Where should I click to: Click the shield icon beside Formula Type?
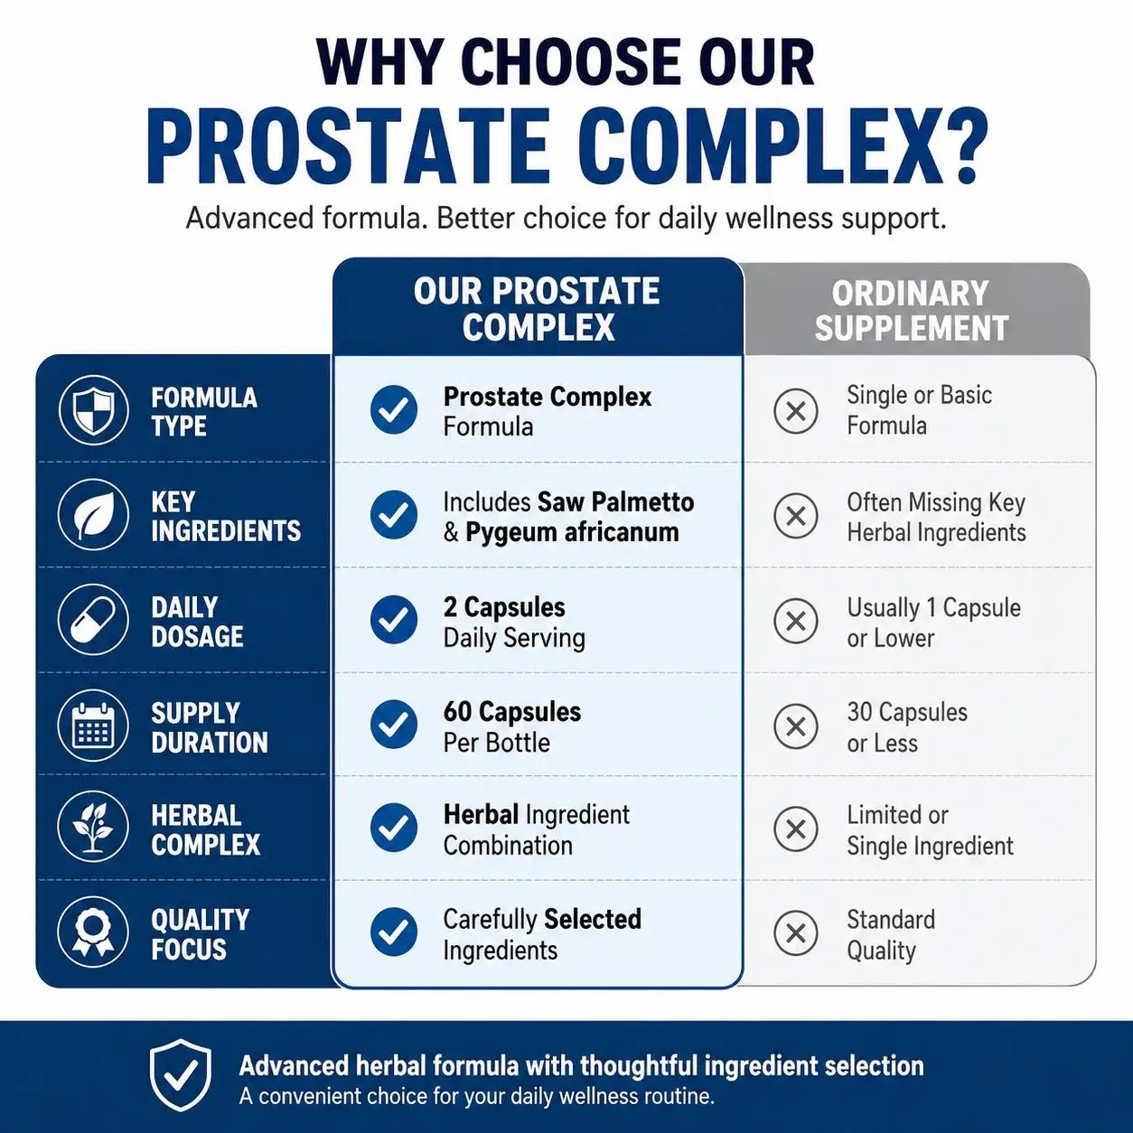point(93,409)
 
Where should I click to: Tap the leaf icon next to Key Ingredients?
point(93,514)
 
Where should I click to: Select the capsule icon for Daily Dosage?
point(93,620)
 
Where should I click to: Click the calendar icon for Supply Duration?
point(93,725)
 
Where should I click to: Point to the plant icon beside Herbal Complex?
point(93,826)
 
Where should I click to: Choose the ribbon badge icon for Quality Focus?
point(93,932)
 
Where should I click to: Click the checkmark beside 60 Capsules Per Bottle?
point(394,725)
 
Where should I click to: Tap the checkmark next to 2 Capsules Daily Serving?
point(394,620)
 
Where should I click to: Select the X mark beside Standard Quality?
point(795,932)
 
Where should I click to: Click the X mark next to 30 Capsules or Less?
point(795,726)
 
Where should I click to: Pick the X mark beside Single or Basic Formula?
point(795,411)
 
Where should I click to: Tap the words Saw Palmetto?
point(615,502)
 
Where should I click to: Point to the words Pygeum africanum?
point(572,532)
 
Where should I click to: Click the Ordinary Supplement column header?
point(912,311)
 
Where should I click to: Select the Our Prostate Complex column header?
point(538,308)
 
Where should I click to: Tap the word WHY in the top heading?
point(379,63)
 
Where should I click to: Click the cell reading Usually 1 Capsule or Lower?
point(933,623)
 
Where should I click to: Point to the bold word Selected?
point(593,919)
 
